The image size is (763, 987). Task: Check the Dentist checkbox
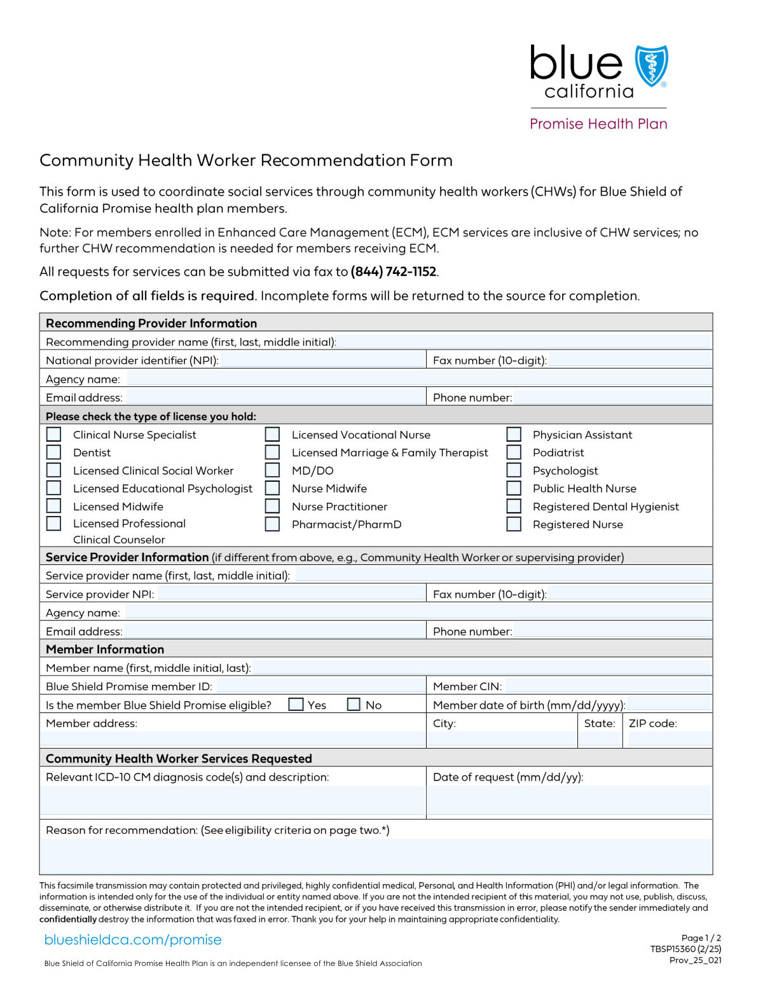click(x=54, y=453)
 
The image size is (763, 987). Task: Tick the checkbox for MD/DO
click(x=272, y=470)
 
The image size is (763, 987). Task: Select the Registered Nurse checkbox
click(x=514, y=524)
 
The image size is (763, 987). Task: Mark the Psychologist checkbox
click(x=514, y=470)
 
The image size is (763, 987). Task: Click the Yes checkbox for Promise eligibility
click(x=296, y=704)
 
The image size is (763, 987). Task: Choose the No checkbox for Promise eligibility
click(x=354, y=704)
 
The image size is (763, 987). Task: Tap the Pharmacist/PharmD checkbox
click(x=272, y=524)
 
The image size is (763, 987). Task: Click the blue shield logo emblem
click(x=651, y=65)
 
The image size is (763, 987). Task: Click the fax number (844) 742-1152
click(x=394, y=272)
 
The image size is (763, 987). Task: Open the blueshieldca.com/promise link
click(x=133, y=940)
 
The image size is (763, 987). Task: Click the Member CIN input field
click(x=608, y=686)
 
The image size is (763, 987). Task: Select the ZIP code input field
click(x=669, y=739)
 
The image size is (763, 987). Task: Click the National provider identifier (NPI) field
click(x=322, y=360)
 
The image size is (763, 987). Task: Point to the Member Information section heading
click(x=105, y=650)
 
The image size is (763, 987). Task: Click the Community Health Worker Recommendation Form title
click(x=246, y=160)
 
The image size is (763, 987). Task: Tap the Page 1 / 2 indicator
click(x=701, y=938)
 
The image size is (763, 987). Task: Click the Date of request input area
click(x=568, y=800)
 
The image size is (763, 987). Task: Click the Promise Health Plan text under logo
click(x=598, y=124)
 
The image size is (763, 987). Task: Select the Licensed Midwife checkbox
click(x=54, y=506)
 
